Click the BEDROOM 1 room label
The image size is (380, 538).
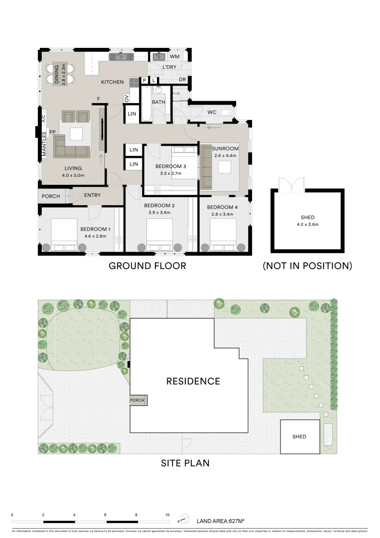(x=95, y=229)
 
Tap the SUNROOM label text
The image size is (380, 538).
(x=225, y=148)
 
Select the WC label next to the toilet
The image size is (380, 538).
(x=212, y=113)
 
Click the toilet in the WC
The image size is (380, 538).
(x=227, y=113)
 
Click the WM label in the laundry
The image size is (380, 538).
(x=174, y=57)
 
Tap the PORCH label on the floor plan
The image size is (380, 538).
(x=51, y=196)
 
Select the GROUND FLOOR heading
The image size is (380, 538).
(x=147, y=266)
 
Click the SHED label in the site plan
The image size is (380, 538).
(x=299, y=437)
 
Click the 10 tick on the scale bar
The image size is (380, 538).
(x=167, y=515)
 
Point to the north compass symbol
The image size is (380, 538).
(x=184, y=518)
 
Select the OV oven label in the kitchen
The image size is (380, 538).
(x=127, y=98)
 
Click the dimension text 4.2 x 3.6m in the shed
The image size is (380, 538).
(x=308, y=225)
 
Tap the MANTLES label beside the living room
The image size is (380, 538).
(x=44, y=144)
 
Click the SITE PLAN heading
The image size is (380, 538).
(x=185, y=463)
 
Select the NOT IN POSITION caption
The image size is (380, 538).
(x=307, y=266)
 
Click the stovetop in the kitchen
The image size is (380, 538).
(x=134, y=82)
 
